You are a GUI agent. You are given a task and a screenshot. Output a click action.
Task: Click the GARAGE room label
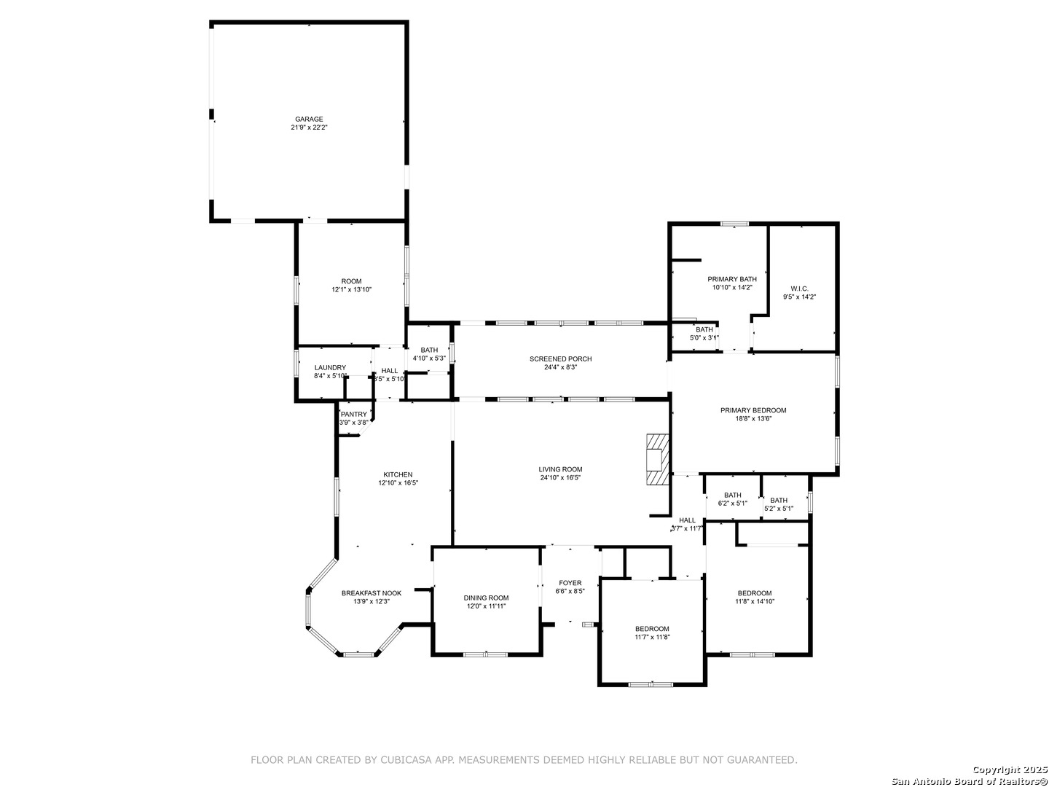pyautogui.click(x=309, y=119)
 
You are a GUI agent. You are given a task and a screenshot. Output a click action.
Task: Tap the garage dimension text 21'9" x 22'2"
pyautogui.click(x=309, y=128)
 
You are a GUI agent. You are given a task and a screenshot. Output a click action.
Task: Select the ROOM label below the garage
pyautogui.click(x=351, y=281)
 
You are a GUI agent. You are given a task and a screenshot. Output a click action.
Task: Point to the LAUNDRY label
pyautogui.click(x=330, y=367)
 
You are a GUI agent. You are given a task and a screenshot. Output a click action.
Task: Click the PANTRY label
pyautogui.click(x=353, y=415)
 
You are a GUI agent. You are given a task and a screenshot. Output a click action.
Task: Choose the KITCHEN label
pyautogui.click(x=398, y=474)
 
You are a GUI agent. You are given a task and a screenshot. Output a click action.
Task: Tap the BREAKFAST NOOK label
pyautogui.click(x=372, y=593)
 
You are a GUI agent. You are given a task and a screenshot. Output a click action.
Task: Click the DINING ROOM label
pyautogui.click(x=486, y=598)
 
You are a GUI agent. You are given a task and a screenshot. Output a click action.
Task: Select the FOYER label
pyautogui.click(x=570, y=583)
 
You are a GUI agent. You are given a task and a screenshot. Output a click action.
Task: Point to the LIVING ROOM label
pyautogui.click(x=560, y=469)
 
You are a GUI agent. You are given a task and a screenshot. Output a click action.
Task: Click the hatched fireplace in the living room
pyautogui.click(x=658, y=460)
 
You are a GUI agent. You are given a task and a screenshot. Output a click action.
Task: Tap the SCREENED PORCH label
pyautogui.click(x=561, y=359)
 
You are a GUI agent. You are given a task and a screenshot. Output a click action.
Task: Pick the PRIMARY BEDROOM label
pyautogui.click(x=753, y=410)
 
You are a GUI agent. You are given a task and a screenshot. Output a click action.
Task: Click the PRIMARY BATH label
pyautogui.click(x=732, y=279)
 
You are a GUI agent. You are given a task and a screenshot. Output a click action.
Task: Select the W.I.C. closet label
pyautogui.click(x=799, y=289)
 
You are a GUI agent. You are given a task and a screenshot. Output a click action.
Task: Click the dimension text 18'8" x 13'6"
pyautogui.click(x=753, y=418)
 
